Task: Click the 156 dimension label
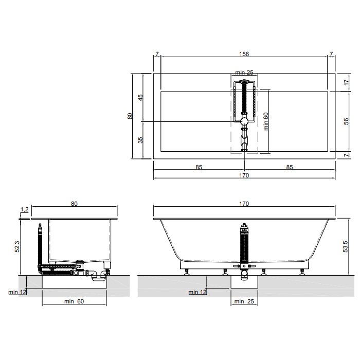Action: pos(244,54)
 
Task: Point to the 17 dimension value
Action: pos(346,82)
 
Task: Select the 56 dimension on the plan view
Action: pos(346,121)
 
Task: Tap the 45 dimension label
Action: pos(140,97)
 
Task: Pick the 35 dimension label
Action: pos(140,140)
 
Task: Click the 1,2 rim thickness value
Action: pos(24,209)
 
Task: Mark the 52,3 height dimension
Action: pos(17,247)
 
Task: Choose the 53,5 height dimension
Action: pos(346,247)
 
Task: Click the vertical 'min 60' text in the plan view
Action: pos(266,121)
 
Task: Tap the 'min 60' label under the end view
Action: pos(74,301)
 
